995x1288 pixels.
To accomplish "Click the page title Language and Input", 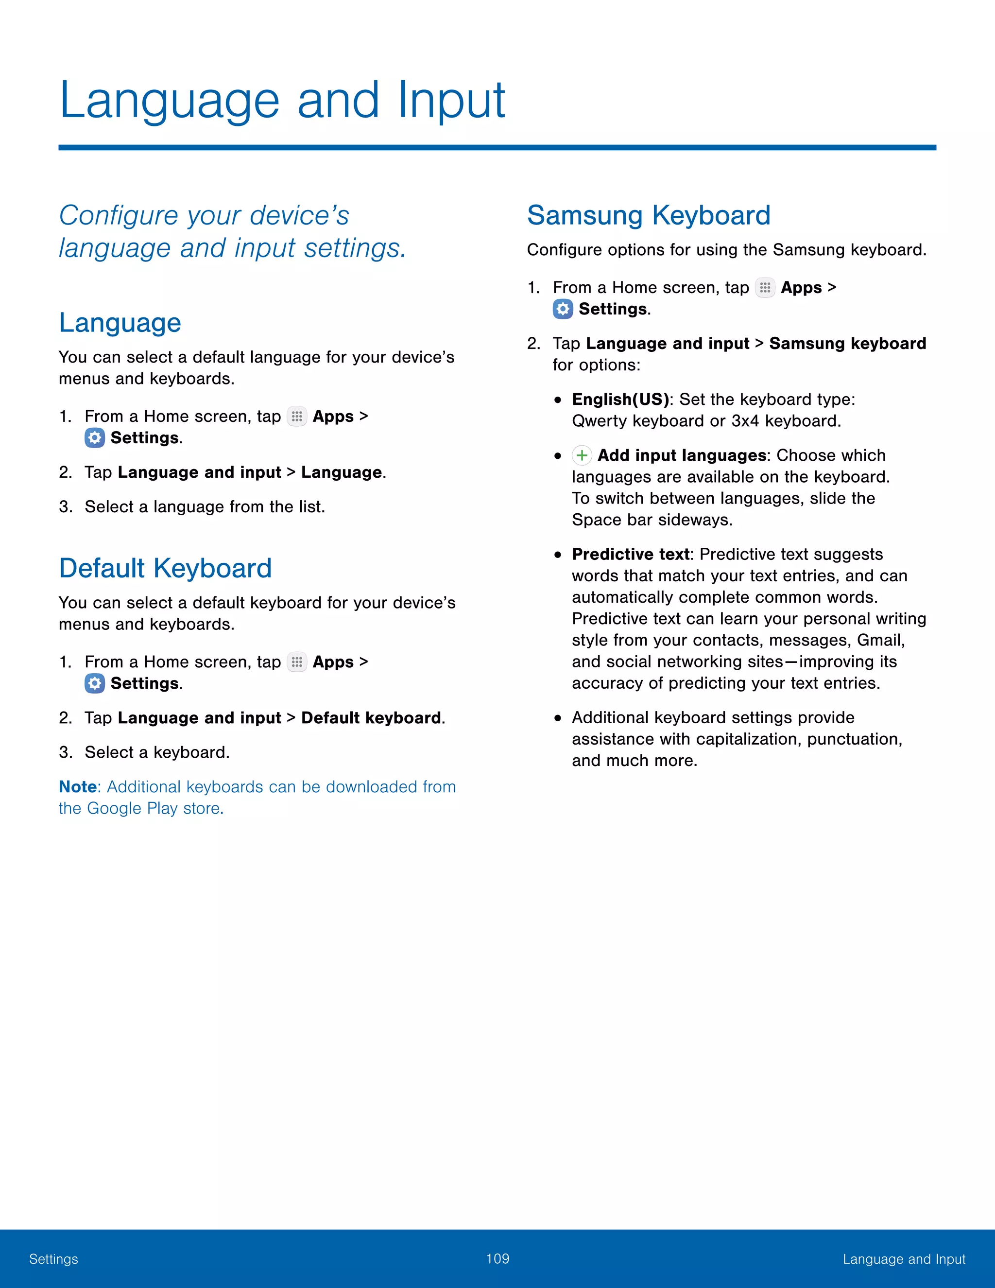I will [x=282, y=100].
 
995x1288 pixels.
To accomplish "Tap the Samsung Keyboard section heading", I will [x=649, y=215].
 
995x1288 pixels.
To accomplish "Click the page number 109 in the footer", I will [x=497, y=1258].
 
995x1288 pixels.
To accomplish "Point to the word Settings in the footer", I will [x=53, y=1259].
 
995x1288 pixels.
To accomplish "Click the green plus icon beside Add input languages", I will [x=582, y=455].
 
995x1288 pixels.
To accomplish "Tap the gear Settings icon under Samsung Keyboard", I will [x=563, y=309].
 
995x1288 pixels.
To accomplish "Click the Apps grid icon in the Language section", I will [x=296, y=417].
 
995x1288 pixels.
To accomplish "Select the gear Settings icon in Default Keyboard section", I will [x=94, y=683].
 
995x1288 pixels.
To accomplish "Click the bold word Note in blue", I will [x=78, y=787].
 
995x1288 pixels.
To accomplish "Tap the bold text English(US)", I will [x=620, y=399].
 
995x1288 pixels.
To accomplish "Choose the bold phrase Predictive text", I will [x=630, y=555].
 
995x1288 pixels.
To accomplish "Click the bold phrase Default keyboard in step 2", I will [x=371, y=718].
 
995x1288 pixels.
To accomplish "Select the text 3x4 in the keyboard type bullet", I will [x=745, y=421].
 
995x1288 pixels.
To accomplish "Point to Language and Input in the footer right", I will [x=904, y=1259].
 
